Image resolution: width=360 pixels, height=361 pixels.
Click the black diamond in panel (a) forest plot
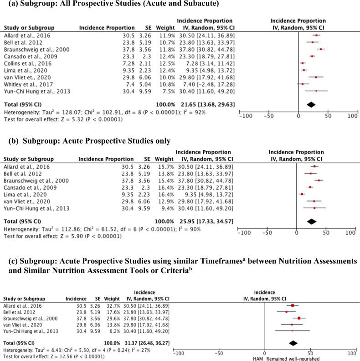click(311, 104)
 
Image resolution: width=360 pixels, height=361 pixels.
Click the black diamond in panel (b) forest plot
click(312, 221)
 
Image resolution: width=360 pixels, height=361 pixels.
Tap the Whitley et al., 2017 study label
click(23, 84)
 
